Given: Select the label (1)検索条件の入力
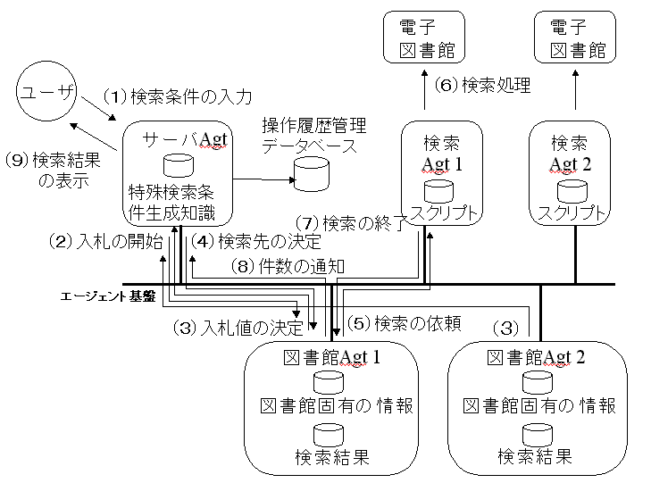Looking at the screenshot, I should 178,95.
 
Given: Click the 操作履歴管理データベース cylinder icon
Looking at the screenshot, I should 311,172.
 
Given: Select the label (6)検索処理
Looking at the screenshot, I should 482,86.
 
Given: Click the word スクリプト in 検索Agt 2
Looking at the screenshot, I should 570,213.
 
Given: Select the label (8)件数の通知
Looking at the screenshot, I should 283,265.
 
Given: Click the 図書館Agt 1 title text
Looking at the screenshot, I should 320,358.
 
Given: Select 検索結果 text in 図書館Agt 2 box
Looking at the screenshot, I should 535,456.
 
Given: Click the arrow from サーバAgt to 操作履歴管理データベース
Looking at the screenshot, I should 263,179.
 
